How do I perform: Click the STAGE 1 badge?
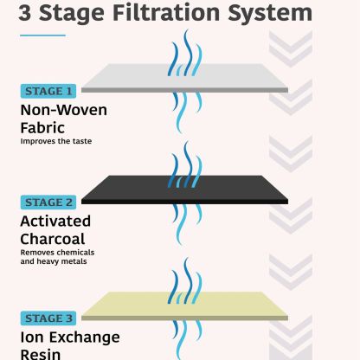(48, 91)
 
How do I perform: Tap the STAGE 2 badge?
(48, 202)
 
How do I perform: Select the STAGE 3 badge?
(48, 318)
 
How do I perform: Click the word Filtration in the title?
(166, 13)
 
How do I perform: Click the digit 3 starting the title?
(25, 13)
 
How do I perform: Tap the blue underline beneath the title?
(42, 35)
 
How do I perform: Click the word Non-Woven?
(64, 110)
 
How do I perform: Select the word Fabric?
(42, 128)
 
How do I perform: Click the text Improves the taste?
(56, 141)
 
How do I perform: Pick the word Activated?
(55, 222)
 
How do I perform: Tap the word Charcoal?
(53, 239)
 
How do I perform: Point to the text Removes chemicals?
(57, 253)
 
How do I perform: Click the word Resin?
(41, 354)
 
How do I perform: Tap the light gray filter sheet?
(184, 78)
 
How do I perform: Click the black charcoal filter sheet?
(184, 190)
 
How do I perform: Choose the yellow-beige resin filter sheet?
(184, 306)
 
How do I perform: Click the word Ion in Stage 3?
(32, 337)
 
